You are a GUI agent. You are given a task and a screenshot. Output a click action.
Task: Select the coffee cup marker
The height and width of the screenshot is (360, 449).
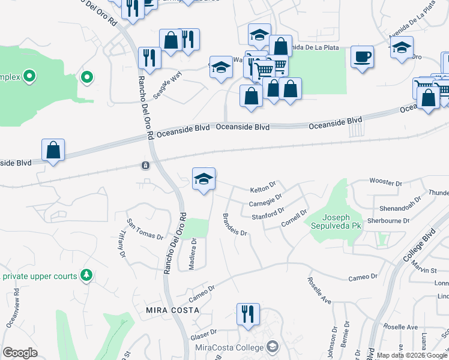[361, 58]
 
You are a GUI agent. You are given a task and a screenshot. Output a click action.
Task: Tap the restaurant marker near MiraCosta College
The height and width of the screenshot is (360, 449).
[246, 314]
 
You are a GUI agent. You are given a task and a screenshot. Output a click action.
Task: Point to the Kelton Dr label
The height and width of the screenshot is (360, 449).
[264, 188]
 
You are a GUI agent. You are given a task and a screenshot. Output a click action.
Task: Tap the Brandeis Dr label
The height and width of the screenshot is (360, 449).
[235, 224]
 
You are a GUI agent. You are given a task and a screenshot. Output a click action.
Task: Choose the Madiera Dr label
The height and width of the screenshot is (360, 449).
[193, 254]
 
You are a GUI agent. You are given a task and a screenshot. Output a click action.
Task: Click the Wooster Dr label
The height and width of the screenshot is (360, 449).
[385, 182]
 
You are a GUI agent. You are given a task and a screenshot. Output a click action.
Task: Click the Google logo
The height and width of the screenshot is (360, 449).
[20, 353]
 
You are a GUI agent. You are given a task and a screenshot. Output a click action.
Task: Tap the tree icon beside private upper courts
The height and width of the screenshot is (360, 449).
[87, 275]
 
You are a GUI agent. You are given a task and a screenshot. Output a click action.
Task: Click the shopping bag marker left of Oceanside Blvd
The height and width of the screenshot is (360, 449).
[53, 151]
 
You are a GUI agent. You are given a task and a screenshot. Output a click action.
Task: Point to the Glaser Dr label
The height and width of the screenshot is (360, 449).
[203, 333]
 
